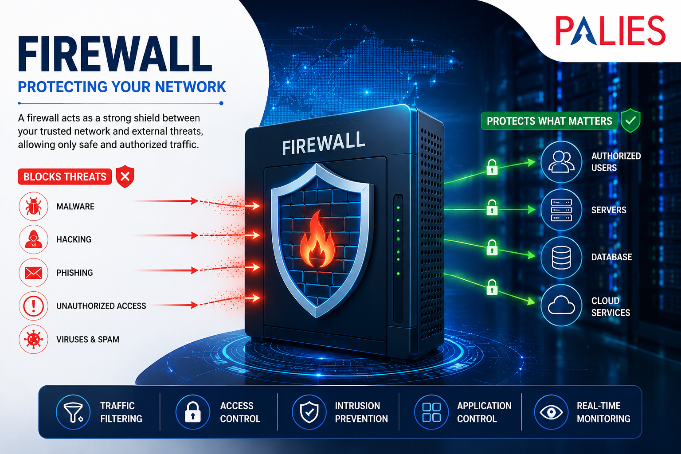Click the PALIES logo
pyautogui.click(x=611, y=31)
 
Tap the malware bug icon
pyautogui.click(x=33, y=206)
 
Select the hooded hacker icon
pyautogui.click(x=33, y=239)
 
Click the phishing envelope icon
pyautogui.click(x=33, y=273)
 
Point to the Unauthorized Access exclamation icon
pyautogui.click(x=33, y=306)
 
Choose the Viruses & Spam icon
pyautogui.click(x=33, y=339)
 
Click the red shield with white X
pyautogui.click(x=125, y=176)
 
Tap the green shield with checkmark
pyautogui.click(x=630, y=121)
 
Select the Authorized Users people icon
pyautogui.click(x=561, y=162)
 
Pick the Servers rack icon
pyautogui.click(x=561, y=210)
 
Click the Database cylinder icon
pyautogui.click(x=561, y=257)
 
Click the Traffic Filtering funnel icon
pyautogui.click(x=73, y=412)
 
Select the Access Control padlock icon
pyautogui.click(x=193, y=412)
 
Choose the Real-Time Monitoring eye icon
pyautogui.click(x=551, y=412)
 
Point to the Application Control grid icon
pyautogui.click(x=431, y=412)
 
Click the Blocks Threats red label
pyautogui.click(x=65, y=176)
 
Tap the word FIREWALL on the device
pyautogui.click(x=324, y=143)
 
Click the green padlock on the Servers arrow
pyautogui.click(x=492, y=207)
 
